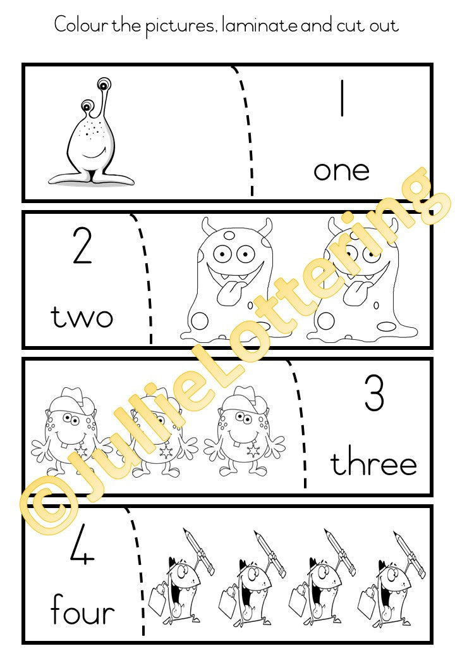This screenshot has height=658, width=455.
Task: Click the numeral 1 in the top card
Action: [343, 98]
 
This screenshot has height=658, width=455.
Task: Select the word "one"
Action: [341, 171]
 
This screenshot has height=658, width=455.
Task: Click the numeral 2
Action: [82, 245]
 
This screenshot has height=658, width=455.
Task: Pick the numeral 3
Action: [374, 393]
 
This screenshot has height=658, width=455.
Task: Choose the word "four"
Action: [83, 609]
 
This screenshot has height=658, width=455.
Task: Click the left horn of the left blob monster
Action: [207, 227]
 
